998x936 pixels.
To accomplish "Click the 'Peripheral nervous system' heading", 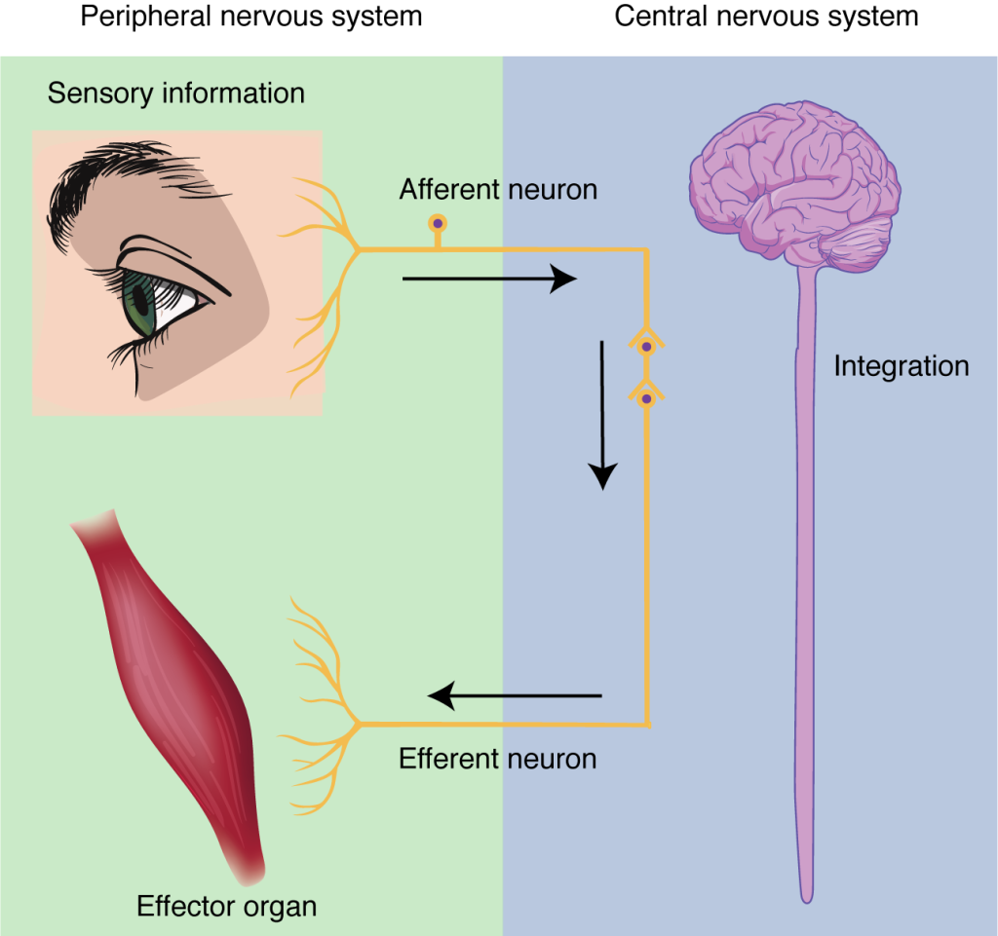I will [251, 17].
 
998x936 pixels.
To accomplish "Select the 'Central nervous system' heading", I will [766, 17].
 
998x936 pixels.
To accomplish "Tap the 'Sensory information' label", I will [175, 94].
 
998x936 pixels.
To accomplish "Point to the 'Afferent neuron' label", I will [498, 189].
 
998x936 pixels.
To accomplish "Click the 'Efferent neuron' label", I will [497, 759].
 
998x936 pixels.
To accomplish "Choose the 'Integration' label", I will [901, 366].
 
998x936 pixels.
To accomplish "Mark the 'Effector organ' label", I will [226, 906].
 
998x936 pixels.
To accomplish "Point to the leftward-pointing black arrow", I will [516, 695].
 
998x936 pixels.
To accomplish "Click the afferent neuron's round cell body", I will [438, 223].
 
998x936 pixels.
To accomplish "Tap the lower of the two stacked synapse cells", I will [645, 394].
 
